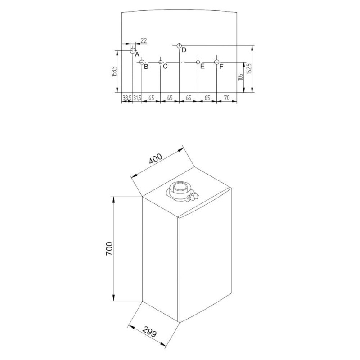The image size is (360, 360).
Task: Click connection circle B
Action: point(142,62)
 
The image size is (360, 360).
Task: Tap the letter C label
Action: point(165,67)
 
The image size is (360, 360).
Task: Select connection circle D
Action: point(179,45)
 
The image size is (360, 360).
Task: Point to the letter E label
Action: point(202,67)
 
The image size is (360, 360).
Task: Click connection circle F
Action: point(216,62)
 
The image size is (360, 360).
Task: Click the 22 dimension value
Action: point(144,41)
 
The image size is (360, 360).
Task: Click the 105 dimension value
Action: point(241,79)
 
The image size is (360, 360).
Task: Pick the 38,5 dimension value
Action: point(127,97)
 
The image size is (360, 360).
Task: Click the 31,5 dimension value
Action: point(137,97)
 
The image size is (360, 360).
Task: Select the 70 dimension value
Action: point(227,97)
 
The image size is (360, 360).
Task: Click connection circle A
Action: point(133,49)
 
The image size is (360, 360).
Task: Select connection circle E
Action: point(198,62)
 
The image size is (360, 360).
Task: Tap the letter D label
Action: point(184,49)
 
